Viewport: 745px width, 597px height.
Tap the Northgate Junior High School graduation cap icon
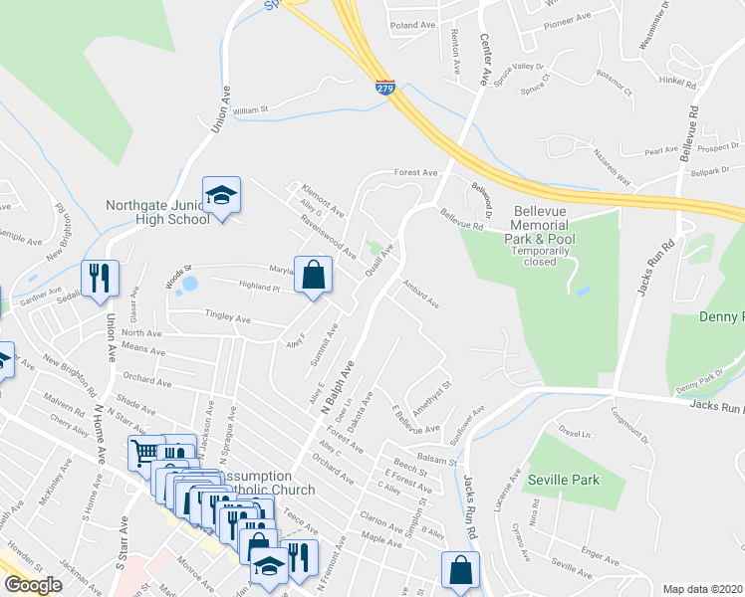click(x=221, y=194)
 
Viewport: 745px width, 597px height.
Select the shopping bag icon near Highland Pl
click(x=313, y=275)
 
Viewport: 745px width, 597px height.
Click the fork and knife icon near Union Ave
click(x=100, y=279)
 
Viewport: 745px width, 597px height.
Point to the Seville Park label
click(x=564, y=480)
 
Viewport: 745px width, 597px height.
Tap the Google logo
click(x=33, y=585)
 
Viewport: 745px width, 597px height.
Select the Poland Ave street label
click(x=414, y=25)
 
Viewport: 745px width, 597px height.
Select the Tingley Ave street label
click(x=227, y=318)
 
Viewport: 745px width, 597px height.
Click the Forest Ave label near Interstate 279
click(x=415, y=172)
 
